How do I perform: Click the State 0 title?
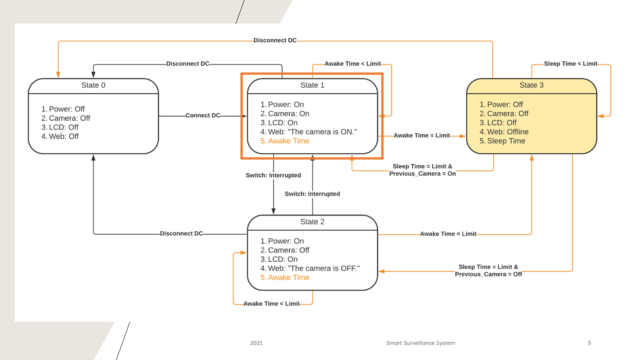(x=93, y=85)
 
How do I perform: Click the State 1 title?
(x=312, y=85)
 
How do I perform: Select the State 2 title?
(x=312, y=222)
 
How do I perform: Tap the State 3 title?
(x=532, y=85)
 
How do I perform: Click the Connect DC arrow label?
(x=203, y=116)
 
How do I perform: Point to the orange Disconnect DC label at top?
(x=275, y=40)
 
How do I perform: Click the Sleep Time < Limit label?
(x=571, y=64)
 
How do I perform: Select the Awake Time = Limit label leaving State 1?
(x=422, y=136)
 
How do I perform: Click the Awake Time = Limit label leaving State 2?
(x=448, y=234)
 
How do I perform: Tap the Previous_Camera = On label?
(x=422, y=174)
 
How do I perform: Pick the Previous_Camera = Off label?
(x=488, y=274)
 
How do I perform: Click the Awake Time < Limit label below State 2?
(x=272, y=304)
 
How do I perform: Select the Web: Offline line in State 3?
(x=508, y=132)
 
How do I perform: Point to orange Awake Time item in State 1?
(x=288, y=141)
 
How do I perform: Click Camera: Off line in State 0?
(x=69, y=118)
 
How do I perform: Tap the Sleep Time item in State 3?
(x=506, y=141)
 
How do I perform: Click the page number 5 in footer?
(x=589, y=343)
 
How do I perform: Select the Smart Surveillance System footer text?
(x=420, y=343)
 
